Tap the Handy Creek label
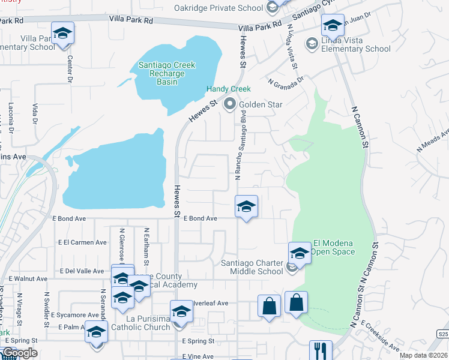coord(229,89)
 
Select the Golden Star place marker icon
coord(229,104)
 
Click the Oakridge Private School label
coord(218,8)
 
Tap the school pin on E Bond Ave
coord(246,207)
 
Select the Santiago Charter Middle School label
coord(252,266)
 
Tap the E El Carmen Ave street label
coord(82,242)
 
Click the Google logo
coord(19,353)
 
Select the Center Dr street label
coord(70,69)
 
